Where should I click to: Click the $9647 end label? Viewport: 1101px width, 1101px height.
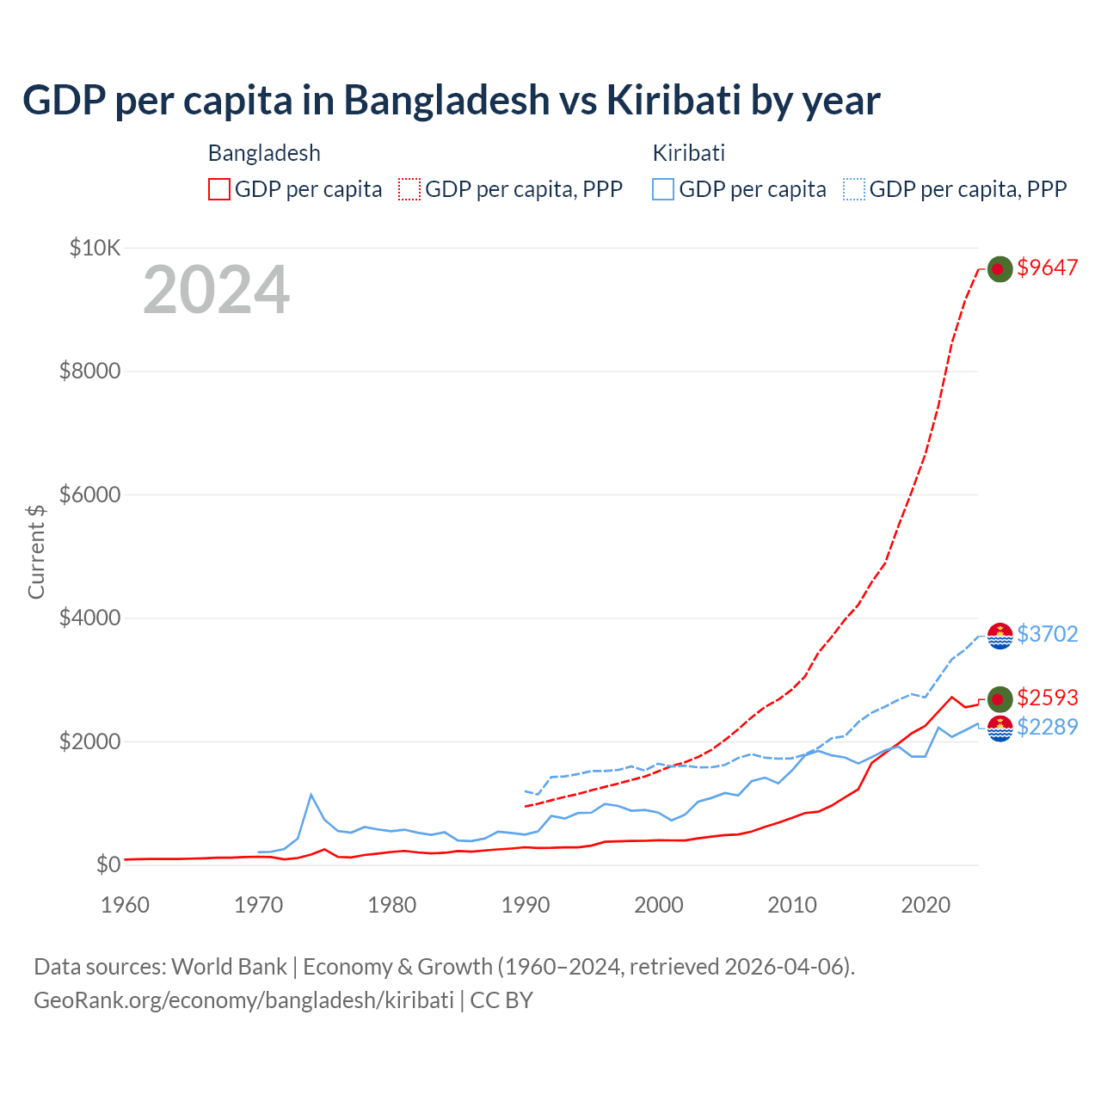[x=1047, y=268]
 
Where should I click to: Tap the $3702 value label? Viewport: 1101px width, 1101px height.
[x=1047, y=634]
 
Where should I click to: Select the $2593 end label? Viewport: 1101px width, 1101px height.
[x=1047, y=698]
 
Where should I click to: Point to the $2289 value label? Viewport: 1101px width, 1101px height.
[x=1047, y=728]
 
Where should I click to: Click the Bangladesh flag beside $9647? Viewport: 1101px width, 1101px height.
[x=999, y=269]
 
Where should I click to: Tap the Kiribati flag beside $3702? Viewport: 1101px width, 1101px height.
[x=1000, y=636]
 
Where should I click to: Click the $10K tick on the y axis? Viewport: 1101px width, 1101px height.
[x=95, y=249]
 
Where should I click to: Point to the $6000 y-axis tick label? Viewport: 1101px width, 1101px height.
[x=89, y=495]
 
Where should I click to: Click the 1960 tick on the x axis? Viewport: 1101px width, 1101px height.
[x=126, y=905]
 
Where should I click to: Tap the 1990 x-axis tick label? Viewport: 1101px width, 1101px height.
[x=526, y=905]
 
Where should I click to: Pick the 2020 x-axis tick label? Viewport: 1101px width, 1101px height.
[x=926, y=905]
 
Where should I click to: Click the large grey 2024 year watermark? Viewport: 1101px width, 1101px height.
[x=216, y=290]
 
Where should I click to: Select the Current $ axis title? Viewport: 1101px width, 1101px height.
[x=36, y=551]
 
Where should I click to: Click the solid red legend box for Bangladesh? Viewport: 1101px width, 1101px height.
[x=219, y=189]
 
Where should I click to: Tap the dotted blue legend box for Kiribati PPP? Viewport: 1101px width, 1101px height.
[x=854, y=189]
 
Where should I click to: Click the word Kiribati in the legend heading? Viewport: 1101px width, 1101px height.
[x=689, y=153]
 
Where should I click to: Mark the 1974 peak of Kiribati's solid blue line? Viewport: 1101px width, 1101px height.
[x=311, y=794]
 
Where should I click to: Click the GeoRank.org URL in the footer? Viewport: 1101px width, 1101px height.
[x=243, y=1000]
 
